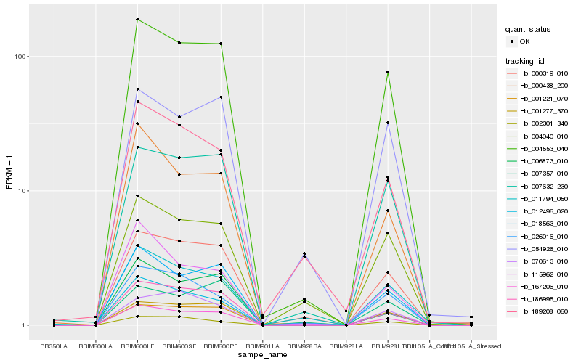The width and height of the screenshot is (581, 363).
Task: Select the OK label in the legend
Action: (x=525, y=41)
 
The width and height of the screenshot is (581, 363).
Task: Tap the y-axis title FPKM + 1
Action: (x=9, y=173)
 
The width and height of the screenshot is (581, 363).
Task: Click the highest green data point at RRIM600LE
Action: (x=137, y=20)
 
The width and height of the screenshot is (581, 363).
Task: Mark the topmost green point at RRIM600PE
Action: (x=221, y=44)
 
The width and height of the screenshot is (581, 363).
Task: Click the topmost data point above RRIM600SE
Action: (x=179, y=43)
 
